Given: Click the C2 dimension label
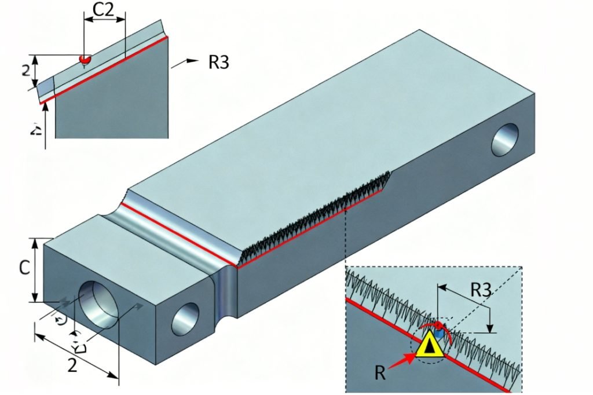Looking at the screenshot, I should click(105, 10).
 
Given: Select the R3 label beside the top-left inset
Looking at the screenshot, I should click(218, 62).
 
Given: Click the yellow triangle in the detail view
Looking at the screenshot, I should click(429, 346).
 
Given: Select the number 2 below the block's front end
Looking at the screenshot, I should click(72, 365).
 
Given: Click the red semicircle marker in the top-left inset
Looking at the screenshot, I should click(85, 59).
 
